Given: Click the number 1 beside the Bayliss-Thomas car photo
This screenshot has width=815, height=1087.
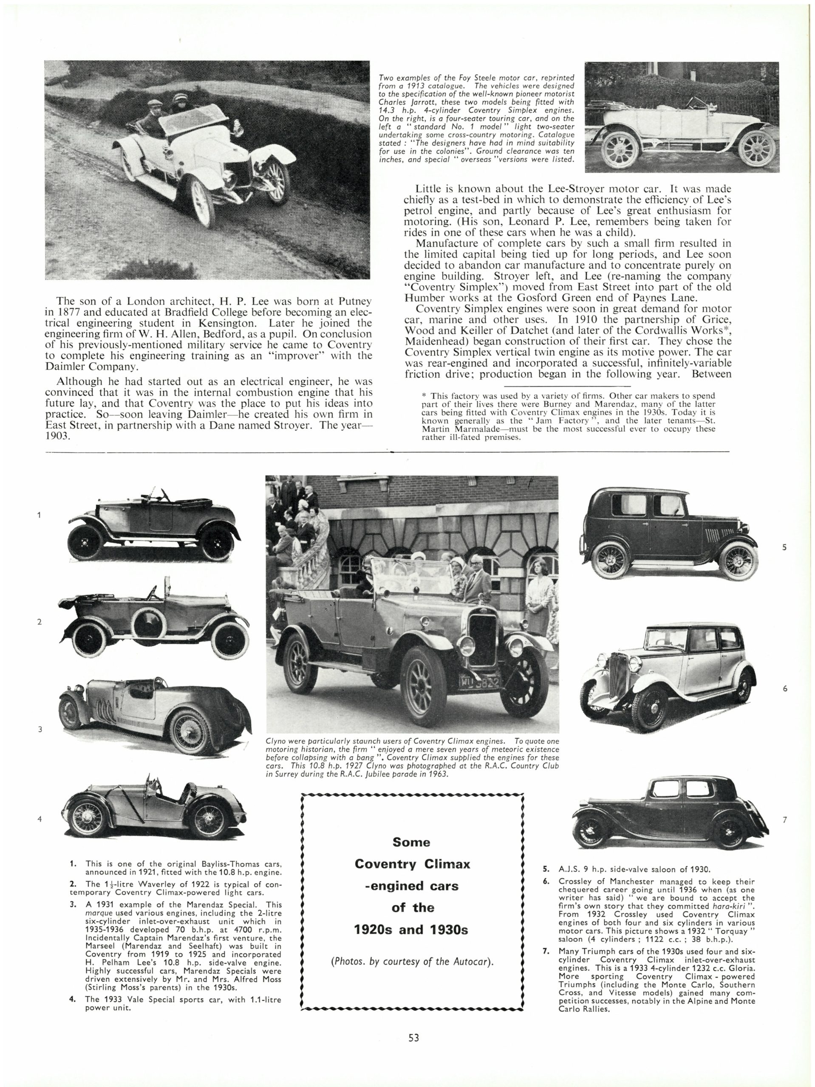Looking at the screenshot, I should [40, 515].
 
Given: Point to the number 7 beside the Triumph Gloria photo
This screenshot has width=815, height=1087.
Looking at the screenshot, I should [785, 819].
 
